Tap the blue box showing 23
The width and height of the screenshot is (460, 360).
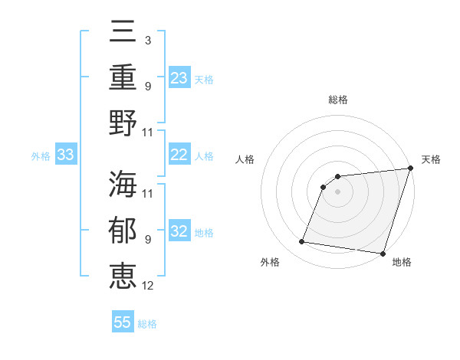click(179, 78)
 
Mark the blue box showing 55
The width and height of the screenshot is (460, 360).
click(123, 322)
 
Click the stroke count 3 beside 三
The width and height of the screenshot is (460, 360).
click(147, 39)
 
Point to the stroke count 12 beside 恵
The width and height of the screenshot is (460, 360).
click(148, 286)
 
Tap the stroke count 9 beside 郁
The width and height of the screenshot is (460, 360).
click(147, 240)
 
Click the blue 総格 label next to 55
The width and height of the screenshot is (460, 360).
click(148, 324)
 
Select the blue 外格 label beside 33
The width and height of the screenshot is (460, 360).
click(41, 156)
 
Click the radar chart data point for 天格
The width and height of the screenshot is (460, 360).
click(410, 169)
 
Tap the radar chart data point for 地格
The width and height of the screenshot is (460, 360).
click(382, 253)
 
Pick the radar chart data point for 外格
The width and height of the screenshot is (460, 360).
click(302, 242)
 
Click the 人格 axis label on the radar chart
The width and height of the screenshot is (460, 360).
click(245, 159)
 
